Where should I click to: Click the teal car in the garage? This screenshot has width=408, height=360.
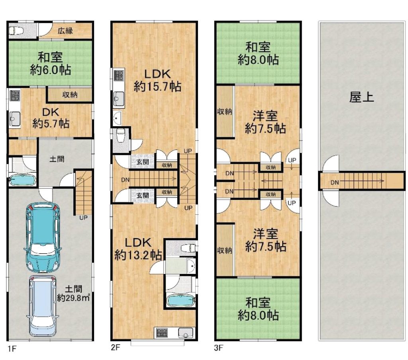[x=43, y=237]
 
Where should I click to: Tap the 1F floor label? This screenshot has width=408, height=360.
[x=12, y=348]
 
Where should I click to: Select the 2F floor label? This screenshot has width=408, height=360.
[x=116, y=347]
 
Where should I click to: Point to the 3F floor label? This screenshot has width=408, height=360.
[x=219, y=348]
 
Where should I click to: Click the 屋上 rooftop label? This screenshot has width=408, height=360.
[x=361, y=97]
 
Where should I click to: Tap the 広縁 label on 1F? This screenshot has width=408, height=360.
[x=65, y=31]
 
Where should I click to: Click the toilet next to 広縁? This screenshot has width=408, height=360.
[x=16, y=31]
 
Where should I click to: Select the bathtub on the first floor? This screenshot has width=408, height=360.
[x=22, y=180]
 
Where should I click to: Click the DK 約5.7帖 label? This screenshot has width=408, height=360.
[x=51, y=118]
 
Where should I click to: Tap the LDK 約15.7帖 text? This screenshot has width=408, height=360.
[x=157, y=80]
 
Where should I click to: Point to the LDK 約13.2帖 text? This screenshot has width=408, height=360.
[x=138, y=248]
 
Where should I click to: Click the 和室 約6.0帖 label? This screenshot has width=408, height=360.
[x=51, y=64]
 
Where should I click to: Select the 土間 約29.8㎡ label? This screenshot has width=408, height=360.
[x=73, y=293]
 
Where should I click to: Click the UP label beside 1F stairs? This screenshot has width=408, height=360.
[x=83, y=217]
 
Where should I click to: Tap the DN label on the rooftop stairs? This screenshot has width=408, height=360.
[x=335, y=183]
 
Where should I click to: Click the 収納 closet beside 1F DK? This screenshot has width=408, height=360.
[x=70, y=95]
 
